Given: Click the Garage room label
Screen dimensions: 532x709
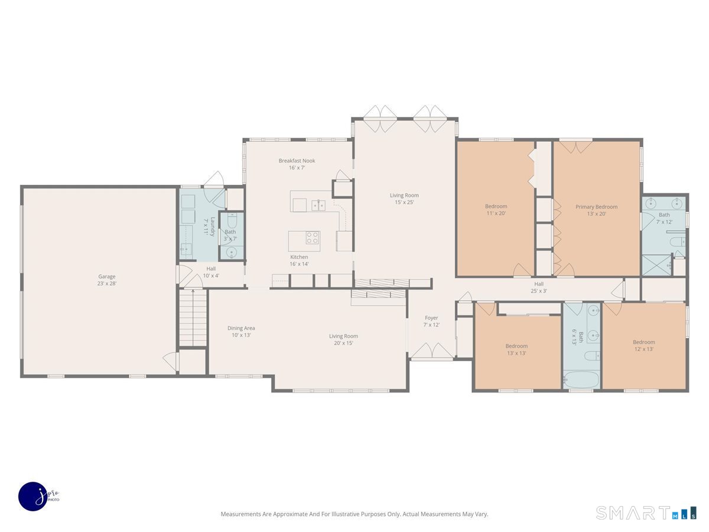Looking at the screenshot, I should pos(107,280).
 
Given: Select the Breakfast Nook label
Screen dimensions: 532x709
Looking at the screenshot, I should pos(297,164).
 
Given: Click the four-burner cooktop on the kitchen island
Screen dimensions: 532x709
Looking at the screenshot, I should pos(312,238).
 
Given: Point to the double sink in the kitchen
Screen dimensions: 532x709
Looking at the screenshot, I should pos(318,206).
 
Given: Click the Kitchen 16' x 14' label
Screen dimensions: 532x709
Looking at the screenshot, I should pos(299,260).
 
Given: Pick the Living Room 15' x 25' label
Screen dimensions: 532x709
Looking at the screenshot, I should pos(404,199).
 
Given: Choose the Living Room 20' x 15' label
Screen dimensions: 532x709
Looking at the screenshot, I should pos(344,339).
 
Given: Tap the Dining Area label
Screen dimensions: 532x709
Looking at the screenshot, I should pos(241,332).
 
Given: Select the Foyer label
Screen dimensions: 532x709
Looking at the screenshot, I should pos(431,321).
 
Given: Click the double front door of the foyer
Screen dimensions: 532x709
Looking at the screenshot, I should pos(432,352).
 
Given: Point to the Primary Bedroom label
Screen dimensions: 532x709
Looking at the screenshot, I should pos(596,210).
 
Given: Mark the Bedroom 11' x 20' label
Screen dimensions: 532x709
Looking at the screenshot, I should pos(496,210).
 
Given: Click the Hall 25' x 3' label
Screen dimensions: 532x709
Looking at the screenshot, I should pos(539,287).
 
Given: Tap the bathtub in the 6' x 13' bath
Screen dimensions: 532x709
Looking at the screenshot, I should pos(581,379).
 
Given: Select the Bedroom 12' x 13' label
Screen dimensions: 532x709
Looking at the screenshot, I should pos(644,345).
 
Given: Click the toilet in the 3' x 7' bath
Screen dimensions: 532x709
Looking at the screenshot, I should pos(232,220).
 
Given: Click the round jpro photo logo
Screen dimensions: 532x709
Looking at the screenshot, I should pos(32,496).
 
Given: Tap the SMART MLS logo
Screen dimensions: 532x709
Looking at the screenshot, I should pos(645,512).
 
